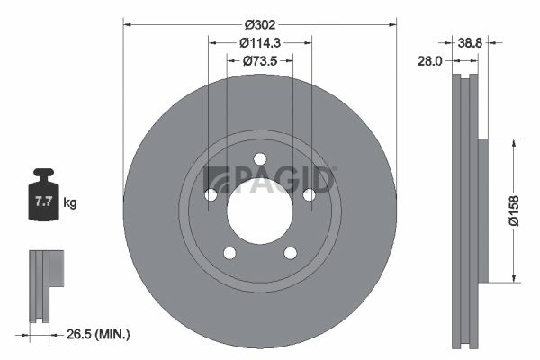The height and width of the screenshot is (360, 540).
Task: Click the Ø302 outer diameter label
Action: (260, 25)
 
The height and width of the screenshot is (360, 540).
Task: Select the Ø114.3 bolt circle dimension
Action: (260, 43)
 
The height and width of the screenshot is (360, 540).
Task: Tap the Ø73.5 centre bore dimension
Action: (260, 61)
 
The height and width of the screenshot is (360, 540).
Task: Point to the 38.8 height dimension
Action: (470, 43)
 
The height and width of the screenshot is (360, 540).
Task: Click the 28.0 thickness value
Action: (429, 61)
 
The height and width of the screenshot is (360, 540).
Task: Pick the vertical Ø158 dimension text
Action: (514, 211)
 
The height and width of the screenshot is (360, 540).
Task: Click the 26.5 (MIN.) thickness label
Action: (98, 334)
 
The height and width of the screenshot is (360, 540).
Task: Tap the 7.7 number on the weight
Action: (43, 202)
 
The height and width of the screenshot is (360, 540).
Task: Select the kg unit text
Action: (70, 202)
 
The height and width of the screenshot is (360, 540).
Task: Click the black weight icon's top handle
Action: (43, 172)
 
